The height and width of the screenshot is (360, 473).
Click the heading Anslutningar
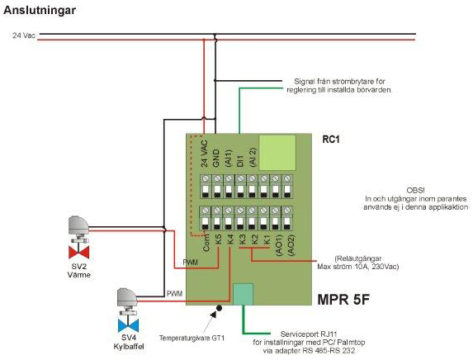(x=40, y=10)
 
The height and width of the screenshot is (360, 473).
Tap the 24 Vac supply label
(x=24, y=36)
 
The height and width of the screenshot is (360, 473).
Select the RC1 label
(x=331, y=140)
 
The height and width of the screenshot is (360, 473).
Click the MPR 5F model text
(x=343, y=300)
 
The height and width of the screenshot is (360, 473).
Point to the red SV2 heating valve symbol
(x=78, y=253)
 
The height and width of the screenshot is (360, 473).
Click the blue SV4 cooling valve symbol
(x=128, y=325)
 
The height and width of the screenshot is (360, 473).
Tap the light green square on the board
(x=277, y=153)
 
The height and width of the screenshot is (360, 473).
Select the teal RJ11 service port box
(x=244, y=294)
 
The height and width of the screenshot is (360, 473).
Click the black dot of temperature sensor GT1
(x=220, y=308)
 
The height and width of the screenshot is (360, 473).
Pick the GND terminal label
(x=216, y=159)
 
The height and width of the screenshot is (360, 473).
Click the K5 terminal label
(x=219, y=239)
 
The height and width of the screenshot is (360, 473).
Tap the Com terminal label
(x=206, y=242)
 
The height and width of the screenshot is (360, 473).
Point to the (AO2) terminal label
(x=291, y=245)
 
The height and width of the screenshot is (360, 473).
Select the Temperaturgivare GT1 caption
(x=192, y=338)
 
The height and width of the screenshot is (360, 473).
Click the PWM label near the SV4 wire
(x=175, y=293)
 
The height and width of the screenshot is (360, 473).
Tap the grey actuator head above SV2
(x=78, y=225)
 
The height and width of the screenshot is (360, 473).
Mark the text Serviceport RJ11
(x=309, y=334)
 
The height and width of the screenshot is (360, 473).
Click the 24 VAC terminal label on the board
(x=204, y=154)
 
